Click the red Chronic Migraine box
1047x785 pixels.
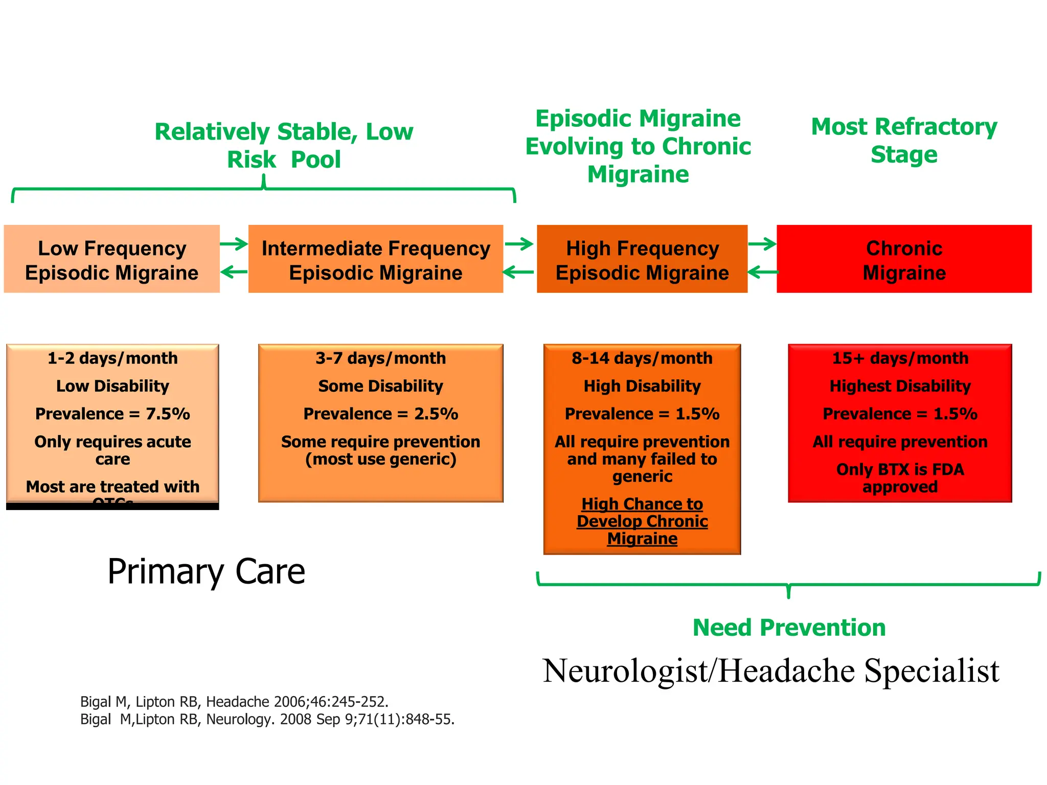tap(904, 259)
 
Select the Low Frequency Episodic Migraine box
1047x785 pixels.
tap(111, 259)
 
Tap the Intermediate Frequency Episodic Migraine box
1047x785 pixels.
tap(376, 259)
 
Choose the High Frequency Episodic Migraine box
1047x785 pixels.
tap(642, 259)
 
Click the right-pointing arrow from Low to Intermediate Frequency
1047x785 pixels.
tap(234, 244)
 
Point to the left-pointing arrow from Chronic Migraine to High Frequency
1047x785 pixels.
tap(763, 272)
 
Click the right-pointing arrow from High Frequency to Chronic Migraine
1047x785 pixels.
tap(762, 244)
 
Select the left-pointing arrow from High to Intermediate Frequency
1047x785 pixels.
tap(518, 272)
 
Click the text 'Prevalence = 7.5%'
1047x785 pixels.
tap(112, 413)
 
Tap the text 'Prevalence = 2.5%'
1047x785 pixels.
tap(381, 413)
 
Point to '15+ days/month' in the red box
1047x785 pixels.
tap(900, 358)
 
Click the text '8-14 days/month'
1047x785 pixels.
tap(642, 358)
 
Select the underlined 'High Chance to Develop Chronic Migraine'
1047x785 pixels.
tap(642, 521)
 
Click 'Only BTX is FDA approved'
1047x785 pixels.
tap(900, 478)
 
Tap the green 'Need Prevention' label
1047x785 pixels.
tap(789, 628)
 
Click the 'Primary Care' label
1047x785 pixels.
tap(206, 571)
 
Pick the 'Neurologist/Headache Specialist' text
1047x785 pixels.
tap(770, 671)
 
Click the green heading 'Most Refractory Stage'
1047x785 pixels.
tap(904, 141)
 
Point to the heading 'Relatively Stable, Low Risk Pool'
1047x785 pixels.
tap(284, 146)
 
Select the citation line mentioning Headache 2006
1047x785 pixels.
tap(234, 701)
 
